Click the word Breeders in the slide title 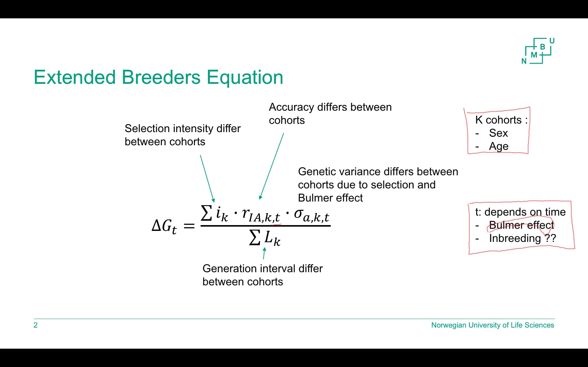click(161, 77)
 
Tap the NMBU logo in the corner click(538, 51)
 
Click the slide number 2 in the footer click(36, 325)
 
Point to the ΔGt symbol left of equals click(164, 227)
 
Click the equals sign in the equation click(189, 227)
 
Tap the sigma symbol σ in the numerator click(299, 213)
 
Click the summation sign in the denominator click(255, 238)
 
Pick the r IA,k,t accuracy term click(260, 214)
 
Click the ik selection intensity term click(221, 213)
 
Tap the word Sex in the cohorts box click(498, 133)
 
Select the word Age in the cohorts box click(499, 146)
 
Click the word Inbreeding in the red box click(515, 238)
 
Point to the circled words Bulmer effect click(521, 225)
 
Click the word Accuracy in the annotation click(291, 107)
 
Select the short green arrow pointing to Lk click(264, 253)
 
